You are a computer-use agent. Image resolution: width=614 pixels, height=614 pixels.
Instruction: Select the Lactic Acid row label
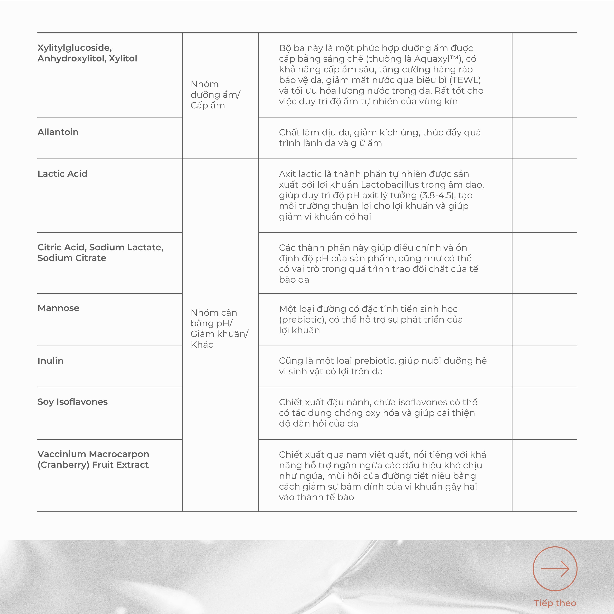point(62,174)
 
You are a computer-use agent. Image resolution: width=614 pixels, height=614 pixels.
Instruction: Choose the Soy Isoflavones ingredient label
point(73,402)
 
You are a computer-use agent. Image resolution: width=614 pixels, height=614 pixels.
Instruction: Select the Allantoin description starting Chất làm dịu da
point(380,138)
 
